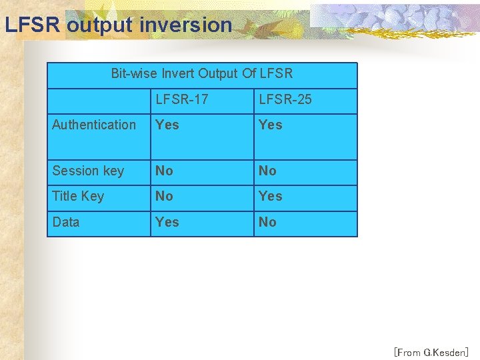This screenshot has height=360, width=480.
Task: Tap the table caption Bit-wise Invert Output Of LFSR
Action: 201,73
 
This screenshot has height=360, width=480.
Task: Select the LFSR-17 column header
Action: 182,99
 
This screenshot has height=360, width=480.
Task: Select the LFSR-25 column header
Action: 285,99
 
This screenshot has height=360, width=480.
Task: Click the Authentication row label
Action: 94,125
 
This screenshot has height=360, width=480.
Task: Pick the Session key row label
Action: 88,171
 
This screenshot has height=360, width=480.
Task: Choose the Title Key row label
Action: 78,196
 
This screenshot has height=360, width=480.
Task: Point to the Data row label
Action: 66,222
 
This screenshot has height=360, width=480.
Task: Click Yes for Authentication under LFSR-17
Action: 167,125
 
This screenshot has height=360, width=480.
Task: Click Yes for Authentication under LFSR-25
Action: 271,125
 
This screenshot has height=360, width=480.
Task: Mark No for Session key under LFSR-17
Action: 164,171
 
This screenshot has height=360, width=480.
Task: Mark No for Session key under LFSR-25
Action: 267,171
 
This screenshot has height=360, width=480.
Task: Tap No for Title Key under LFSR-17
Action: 164,196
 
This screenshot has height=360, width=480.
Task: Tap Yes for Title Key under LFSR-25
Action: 271,196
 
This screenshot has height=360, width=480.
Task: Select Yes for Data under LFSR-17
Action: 167,222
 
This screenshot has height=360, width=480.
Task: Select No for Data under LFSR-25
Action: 267,222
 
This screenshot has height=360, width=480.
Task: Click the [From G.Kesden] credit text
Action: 431,352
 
